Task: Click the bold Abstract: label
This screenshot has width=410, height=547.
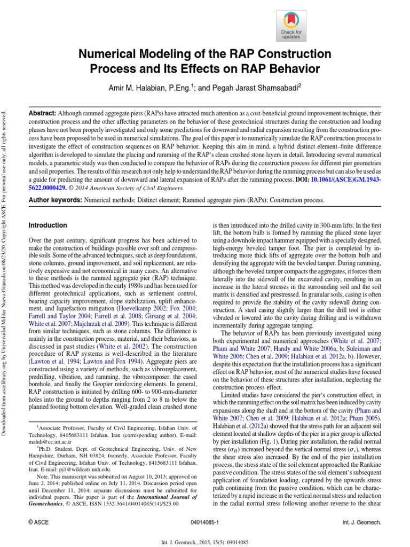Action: point(43,114)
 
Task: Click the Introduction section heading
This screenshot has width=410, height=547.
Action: point(48,226)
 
